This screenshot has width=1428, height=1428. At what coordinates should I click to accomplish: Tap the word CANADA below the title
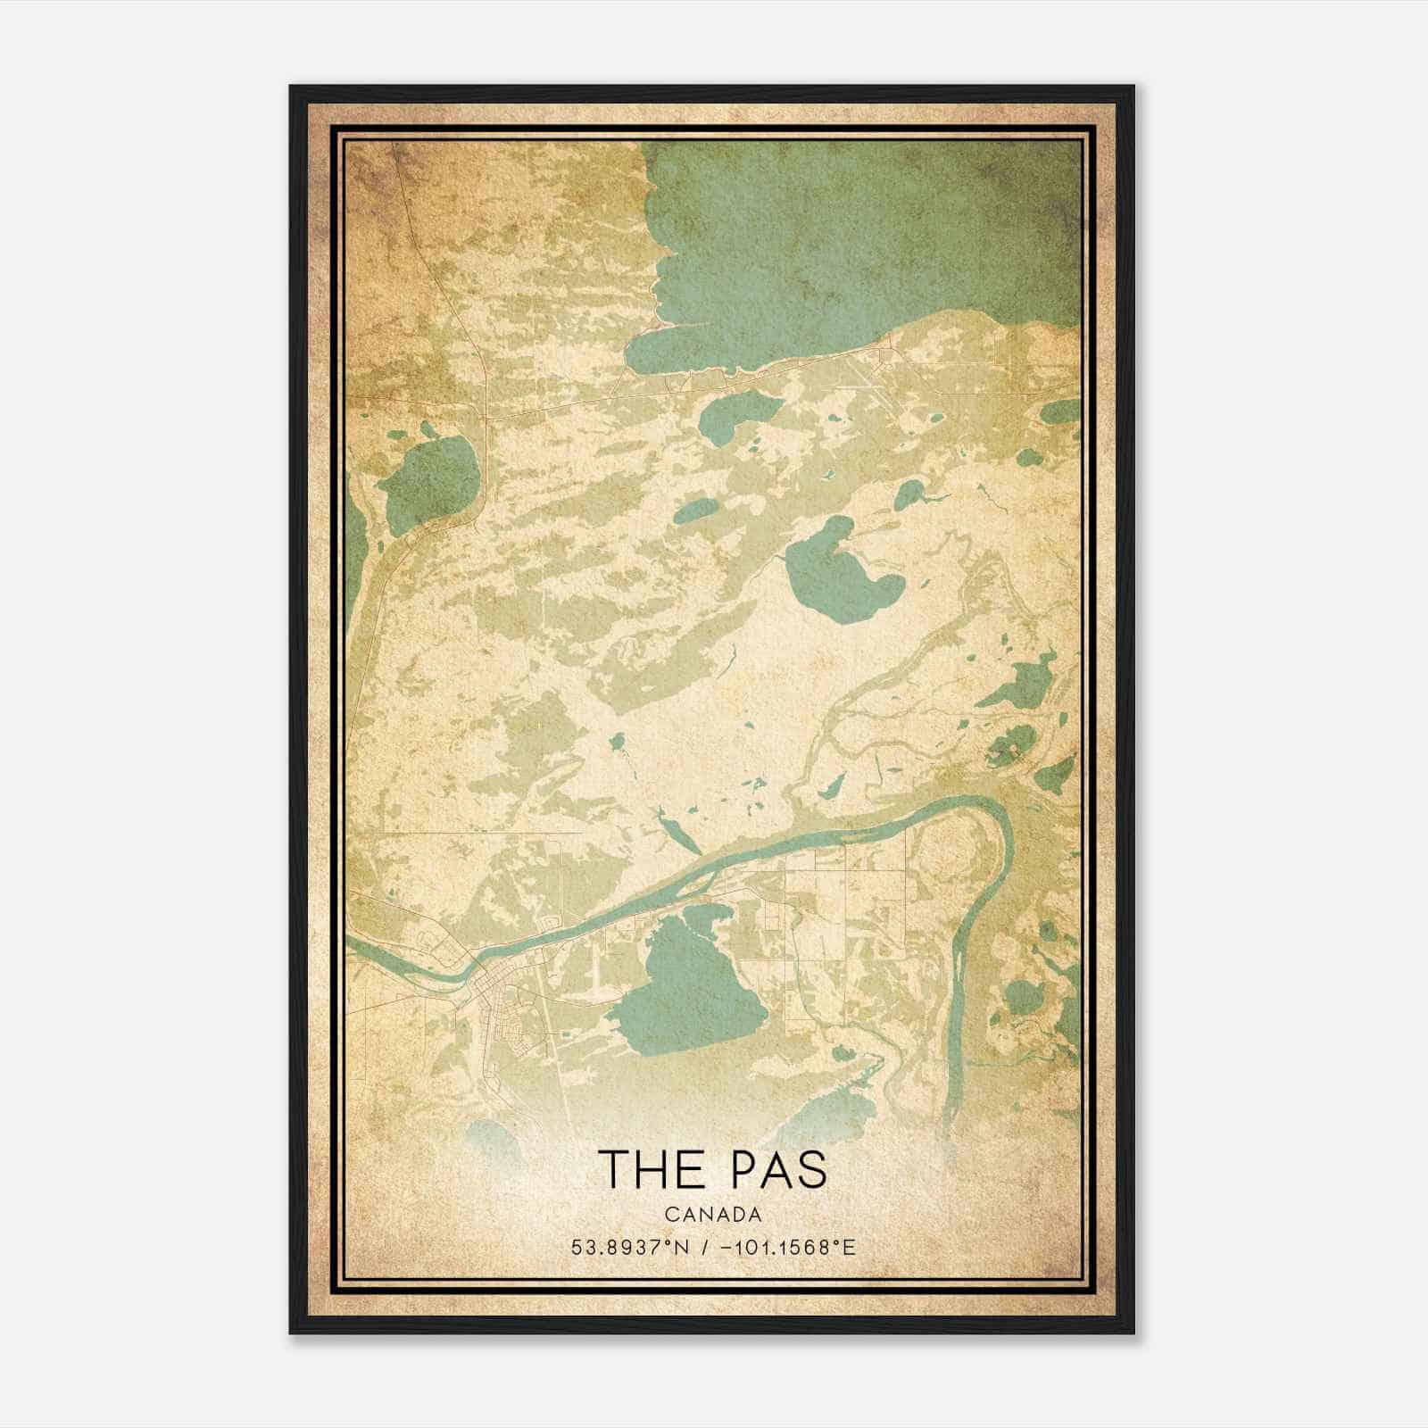pos(713,1215)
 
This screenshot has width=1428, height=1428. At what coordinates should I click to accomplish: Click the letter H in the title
pos(648,1169)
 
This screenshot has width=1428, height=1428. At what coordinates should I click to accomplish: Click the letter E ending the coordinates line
pos(850,1248)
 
